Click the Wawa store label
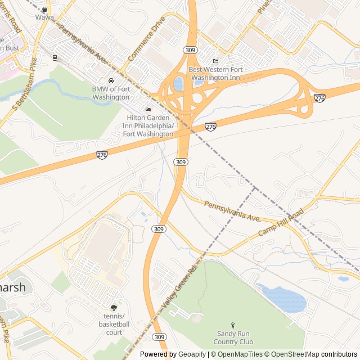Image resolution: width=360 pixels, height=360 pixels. click(x=44, y=17)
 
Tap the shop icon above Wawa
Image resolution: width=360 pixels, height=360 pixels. click(x=44, y=10)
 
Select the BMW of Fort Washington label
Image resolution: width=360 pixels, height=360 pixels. click(x=111, y=93)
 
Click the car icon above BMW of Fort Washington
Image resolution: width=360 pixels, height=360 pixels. click(x=111, y=80)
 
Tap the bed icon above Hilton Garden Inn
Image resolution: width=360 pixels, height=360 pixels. click(x=148, y=109)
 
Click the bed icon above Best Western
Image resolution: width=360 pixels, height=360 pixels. click(x=215, y=61)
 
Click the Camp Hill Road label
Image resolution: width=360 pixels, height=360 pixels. click(x=281, y=222)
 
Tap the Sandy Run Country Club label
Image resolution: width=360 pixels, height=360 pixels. click(x=235, y=337)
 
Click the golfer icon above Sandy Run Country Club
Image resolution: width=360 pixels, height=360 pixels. click(x=233, y=325)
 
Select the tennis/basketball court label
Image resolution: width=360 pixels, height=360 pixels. click(x=114, y=324)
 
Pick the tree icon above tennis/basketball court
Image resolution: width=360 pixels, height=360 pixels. click(x=114, y=308)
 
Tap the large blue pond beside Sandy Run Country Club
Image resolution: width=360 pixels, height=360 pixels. click(x=284, y=298)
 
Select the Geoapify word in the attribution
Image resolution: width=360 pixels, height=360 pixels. click(x=192, y=354)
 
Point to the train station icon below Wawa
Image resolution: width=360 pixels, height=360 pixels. click(x=55, y=57)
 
